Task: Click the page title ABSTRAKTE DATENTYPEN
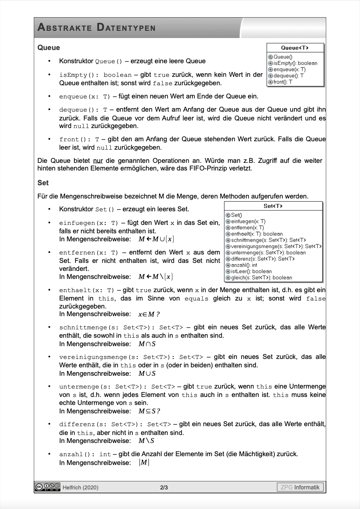coord(96,28)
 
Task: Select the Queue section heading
coord(48,48)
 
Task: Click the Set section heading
coord(43,182)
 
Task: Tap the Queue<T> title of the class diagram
coord(295,48)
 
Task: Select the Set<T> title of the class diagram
coord(273,206)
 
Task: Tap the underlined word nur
coord(98,161)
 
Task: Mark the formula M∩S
coord(147,344)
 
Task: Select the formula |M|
coord(144,463)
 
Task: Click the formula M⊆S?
coord(149,411)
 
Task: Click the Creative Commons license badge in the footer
coord(48,487)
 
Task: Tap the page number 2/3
coord(164,487)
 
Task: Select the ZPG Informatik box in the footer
coord(300,487)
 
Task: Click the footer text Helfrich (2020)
coord(80,487)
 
